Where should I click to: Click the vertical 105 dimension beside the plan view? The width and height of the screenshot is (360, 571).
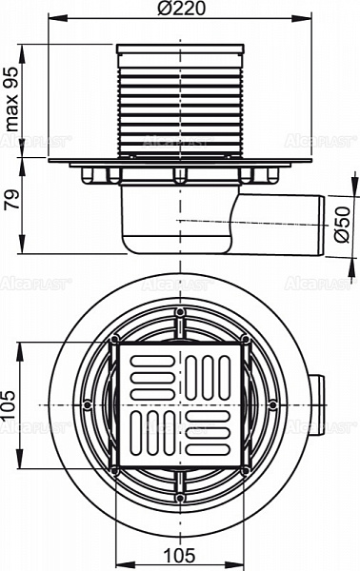coord(10,404)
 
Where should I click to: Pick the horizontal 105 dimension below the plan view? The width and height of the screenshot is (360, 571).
coord(180,555)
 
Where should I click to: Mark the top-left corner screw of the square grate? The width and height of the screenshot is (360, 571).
coord(115,341)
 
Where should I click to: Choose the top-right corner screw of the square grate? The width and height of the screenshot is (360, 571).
coord(245,341)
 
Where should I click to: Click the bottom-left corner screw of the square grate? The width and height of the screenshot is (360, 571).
coord(115,469)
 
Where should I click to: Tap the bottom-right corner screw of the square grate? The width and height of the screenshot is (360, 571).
coord(245,469)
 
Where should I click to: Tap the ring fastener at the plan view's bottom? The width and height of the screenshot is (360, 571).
coord(180,496)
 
